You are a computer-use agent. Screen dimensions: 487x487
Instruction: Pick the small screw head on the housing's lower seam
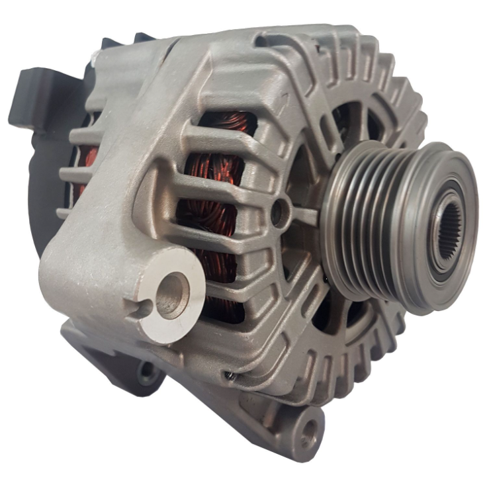point(229,376)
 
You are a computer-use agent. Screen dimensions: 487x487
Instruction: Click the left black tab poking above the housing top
point(109,42)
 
